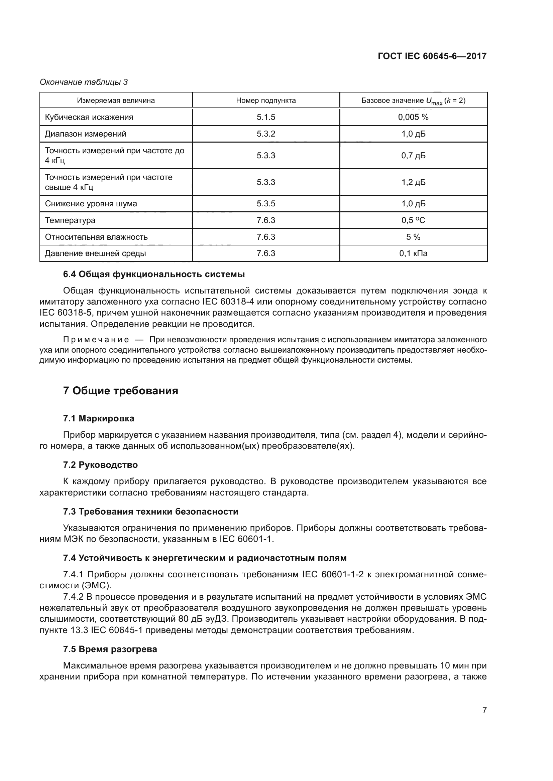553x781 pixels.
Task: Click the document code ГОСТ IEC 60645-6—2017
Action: pyautogui.click(x=432, y=56)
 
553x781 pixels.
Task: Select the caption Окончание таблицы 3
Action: pyautogui.click(x=84, y=82)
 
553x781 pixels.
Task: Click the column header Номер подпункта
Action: pyautogui.click(x=265, y=101)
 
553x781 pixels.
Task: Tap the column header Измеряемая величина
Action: pyautogui.click(x=116, y=101)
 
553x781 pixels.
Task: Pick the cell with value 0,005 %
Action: pyautogui.click(x=413, y=117)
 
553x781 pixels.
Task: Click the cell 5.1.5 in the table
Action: pyautogui.click(x=265, y=117)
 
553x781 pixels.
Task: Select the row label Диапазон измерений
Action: pyautogui.click(x=86, y=134)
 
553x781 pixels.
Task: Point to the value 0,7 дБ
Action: pyautogui.click(x=413, y=156)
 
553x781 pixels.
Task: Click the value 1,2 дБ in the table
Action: pyautogui.click(x=413, y=182)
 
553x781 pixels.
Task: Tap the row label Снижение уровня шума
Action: pyautogui.click(x=91, y=204)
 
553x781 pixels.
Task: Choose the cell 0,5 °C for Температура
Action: pyautogui.click(x=413, y=220)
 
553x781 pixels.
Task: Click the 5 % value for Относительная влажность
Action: pyautogui.click(x=413, y=237)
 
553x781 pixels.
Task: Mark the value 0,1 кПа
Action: pyautogui.click(x=413, y=253)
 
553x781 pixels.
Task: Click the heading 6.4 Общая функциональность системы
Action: pyautogui.click(x=154, y=274)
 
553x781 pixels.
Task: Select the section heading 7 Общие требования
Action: pyautogui.click(x=121, y=391)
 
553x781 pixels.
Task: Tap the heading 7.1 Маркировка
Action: pyautogui.click(x=99, y=418)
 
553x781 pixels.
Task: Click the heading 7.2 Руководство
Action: pyautogui.click(x=100, y=465)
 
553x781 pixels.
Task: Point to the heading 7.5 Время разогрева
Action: pyautogui.click(x=110, y=649)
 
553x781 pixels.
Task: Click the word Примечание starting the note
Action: pyautogui.click(x=96, y=340)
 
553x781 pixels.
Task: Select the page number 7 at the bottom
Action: pyautogui.click(x=484, y=710)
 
